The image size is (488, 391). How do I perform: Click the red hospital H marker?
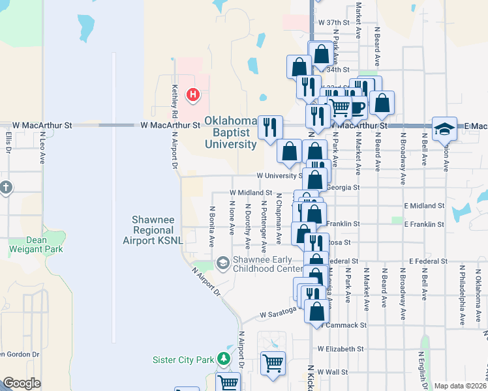193,95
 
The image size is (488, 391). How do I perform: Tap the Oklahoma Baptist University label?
230,132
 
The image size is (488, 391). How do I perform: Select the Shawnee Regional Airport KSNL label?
153,230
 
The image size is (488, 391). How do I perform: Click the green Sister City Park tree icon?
224,359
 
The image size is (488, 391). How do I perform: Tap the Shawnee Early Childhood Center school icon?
222,263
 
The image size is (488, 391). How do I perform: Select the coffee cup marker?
356,107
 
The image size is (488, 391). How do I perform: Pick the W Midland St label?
251,193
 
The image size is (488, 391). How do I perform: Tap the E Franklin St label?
423,224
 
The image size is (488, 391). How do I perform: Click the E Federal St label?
427,261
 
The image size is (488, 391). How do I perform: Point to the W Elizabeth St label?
340,349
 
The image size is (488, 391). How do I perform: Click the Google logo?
22,383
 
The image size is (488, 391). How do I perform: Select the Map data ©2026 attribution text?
460,386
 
